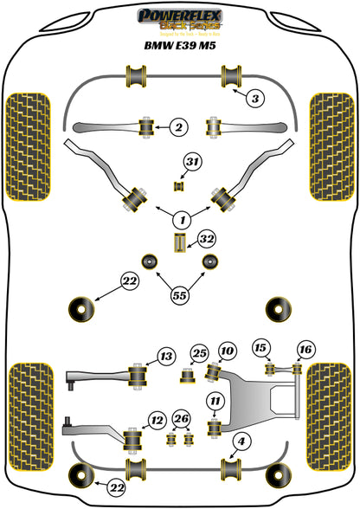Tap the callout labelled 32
206,238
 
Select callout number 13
164,356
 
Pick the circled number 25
226,351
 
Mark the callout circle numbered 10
213,400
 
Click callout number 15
156,421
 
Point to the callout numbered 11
213,400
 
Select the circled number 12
260,348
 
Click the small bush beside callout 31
180,184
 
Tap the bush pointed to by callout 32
181,242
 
